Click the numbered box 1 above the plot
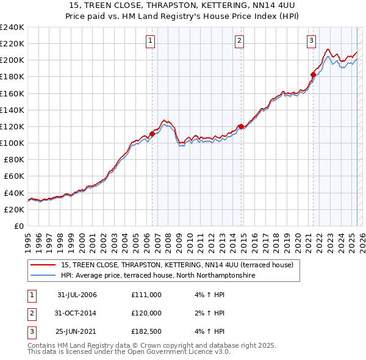pos(150,41)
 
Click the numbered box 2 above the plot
pos(240,41)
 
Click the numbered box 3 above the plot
pos(311,41)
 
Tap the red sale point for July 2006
pos(152,134)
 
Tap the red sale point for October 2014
pos(241,126)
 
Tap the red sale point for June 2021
pos(313,74)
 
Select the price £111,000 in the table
pos(146,295)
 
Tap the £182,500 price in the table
pos(146,331)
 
